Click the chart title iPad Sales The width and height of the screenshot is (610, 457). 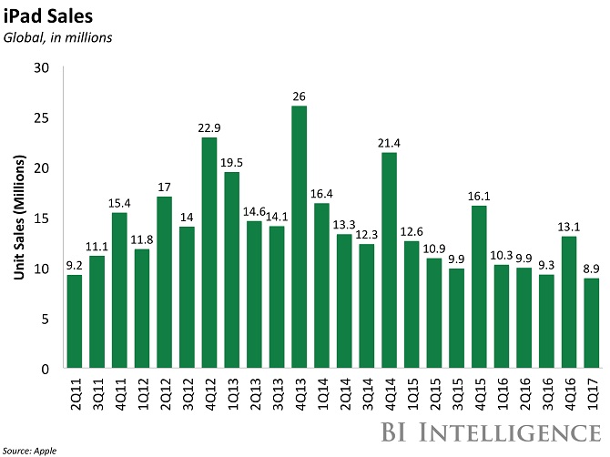[42, 15]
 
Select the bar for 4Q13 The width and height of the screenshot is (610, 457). [298, 237]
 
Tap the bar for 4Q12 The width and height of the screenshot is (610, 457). [208, 252]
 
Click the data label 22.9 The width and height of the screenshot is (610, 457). [208, 127]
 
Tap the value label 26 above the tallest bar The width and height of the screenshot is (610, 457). [298, 96]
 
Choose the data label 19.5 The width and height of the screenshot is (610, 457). [230, 162]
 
